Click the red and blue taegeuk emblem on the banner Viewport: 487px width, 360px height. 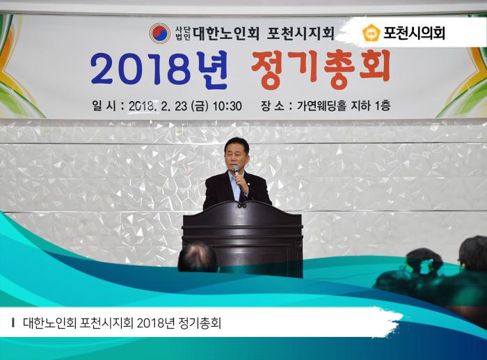pyautogui.click(x=159, y=33)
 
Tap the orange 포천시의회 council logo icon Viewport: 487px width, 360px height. pyautogui.click(x=371, y=33)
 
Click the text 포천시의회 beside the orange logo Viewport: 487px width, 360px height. pyautogui.click(x=414, y=33)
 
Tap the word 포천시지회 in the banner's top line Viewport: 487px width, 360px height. pyautogui.click(x=301, y=33)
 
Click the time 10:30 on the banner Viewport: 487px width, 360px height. pyautogui.click(x=227, y=106)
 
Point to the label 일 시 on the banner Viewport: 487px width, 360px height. pyautogui.click(x=105, y=106)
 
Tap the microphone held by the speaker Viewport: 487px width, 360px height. pyautogui.click(x=236, y=169)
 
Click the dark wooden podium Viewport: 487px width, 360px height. pyautogui.click(x=242, y=237)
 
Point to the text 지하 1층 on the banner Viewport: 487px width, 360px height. pyautogui.click(x=372, y=106)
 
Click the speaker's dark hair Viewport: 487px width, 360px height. pyautogui.click(x=237, y=142)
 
